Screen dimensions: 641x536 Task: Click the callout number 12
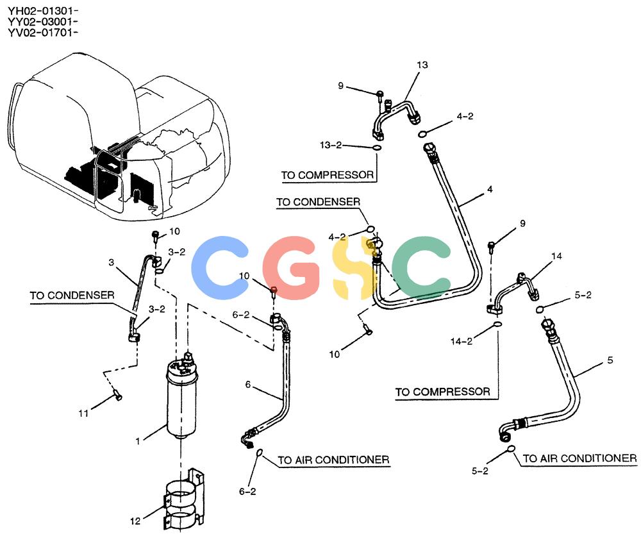point(135,521)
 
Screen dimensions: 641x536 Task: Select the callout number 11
point(83,414)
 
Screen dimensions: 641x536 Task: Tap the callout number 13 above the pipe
point(422,65)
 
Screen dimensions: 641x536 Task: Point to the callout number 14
point(556,256)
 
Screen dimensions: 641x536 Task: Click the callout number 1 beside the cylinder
point(138,441)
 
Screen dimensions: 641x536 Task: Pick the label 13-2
point(331,145)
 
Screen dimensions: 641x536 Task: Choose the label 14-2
point(462,341)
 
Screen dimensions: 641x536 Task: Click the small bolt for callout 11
point(117,396)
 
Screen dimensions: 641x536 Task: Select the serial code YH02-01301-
point(43,11)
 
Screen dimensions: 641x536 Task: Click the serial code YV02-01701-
point(43,32)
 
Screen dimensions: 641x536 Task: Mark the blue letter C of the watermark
point(219,268)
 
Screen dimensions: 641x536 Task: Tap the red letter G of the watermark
point(291,268)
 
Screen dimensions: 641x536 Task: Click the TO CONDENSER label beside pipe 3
point(72,295)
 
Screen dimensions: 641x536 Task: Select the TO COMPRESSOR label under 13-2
point(328,175)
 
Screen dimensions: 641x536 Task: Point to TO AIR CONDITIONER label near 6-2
point(333,460)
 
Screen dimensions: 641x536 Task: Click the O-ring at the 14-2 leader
point(497,324)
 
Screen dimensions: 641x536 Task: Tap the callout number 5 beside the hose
point(610,360)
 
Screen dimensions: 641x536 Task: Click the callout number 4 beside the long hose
point(490,189)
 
